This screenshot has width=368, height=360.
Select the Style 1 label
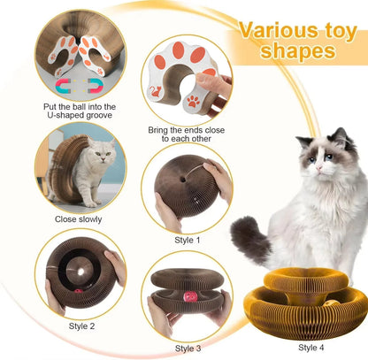pyautogui.click(x=187, y=240)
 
